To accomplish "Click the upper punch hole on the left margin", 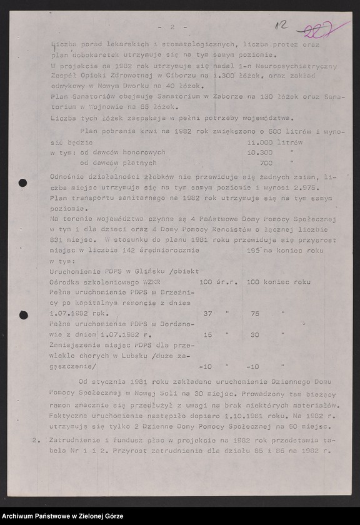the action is coord(23,183).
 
